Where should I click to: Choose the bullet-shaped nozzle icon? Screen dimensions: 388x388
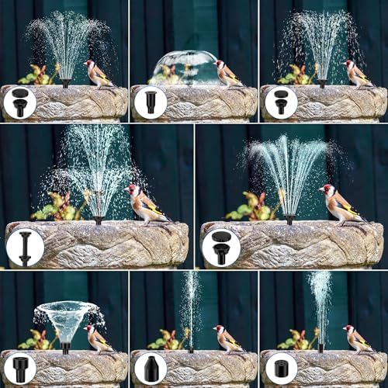coord(149,367)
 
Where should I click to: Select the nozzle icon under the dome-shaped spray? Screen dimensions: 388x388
coord(149,102)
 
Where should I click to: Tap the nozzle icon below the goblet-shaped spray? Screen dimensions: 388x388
coord(19,367)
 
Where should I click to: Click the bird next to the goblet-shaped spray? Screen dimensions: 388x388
coord(98,338)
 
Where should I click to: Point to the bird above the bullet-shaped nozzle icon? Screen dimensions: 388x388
coord(227,338)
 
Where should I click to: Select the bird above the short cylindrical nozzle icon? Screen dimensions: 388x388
coord(357,338)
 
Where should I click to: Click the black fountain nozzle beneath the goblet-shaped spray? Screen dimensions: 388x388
coord(66,348)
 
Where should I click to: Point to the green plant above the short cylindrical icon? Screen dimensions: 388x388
coord(298,340)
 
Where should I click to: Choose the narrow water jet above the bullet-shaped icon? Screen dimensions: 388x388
coord(190,307)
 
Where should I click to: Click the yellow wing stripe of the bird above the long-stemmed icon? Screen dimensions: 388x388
coord(154,210)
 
